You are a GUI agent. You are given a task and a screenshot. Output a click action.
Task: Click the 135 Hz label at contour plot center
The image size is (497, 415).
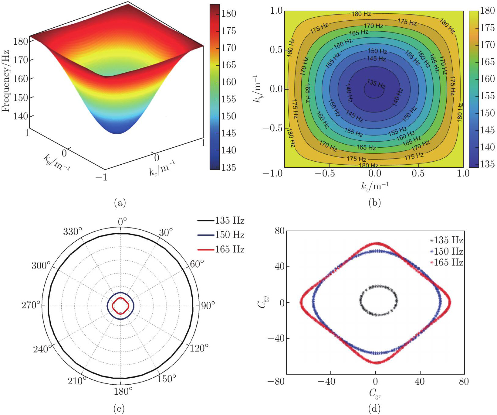click(376, 84)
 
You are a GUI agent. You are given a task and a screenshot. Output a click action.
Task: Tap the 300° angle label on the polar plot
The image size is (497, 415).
click(41, 266)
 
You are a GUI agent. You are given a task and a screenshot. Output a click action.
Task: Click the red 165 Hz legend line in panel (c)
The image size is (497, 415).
click(206, 250)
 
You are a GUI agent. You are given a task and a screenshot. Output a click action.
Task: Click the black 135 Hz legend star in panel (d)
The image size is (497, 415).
click(432, 241)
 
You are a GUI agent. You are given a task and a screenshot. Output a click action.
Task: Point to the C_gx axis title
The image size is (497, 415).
click(375, 393)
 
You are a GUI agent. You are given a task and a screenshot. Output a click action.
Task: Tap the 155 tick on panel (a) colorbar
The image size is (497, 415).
click(228, 99)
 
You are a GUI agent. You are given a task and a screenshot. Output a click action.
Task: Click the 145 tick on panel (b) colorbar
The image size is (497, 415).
click(487, 130)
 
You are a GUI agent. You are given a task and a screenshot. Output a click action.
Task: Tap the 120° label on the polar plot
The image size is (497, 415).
click(199, 348)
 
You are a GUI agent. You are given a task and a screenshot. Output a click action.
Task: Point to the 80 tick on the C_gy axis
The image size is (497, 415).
click(279, 231)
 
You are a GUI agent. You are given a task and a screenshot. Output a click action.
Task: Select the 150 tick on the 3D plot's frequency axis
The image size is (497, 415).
click(20, 98)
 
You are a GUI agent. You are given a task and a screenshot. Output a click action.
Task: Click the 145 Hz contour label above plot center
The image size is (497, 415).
click(376, 58)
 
